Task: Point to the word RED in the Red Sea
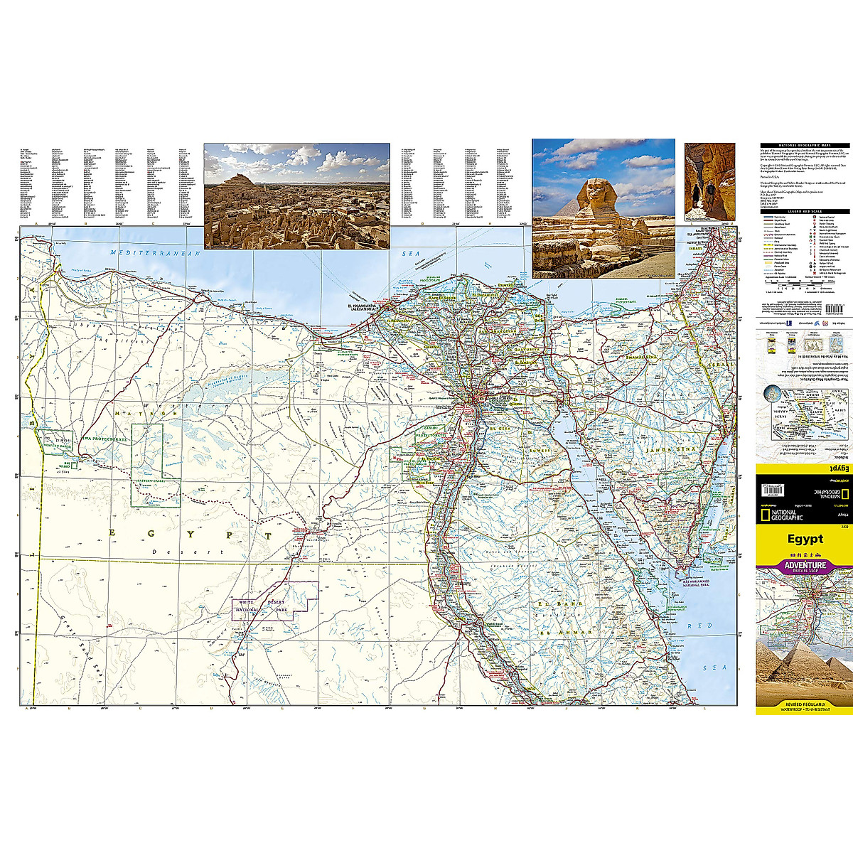tap(704, 626)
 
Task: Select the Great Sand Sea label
tap(82, 645)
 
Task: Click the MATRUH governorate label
tap(146, 413)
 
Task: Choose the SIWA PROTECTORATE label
tap(104, 440)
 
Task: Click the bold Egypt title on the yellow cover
tap(805, 539)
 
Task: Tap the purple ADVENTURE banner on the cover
tap(805, 566)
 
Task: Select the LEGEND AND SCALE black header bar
tap(805, 211)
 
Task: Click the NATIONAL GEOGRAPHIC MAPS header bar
tap(805, 145)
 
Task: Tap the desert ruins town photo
tap(296, 195)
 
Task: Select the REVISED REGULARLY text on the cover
tap(805, 704)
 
